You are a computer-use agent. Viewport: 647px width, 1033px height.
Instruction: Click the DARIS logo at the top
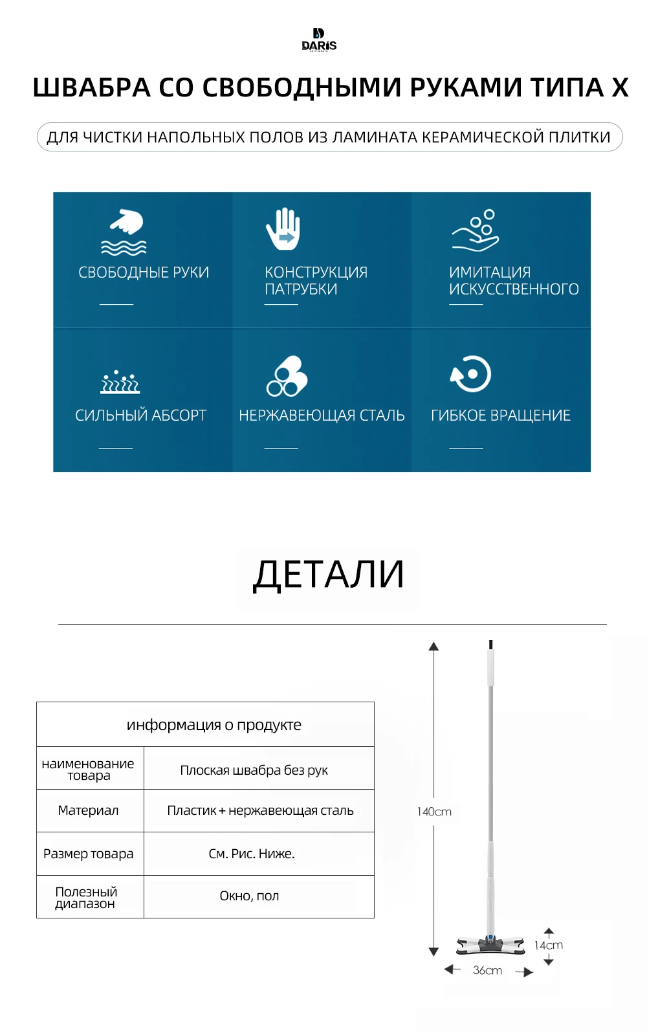319,39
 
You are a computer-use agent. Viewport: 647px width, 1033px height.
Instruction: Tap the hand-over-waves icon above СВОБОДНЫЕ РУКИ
125,232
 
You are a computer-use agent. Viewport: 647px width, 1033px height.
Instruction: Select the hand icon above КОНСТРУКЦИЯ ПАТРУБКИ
283,229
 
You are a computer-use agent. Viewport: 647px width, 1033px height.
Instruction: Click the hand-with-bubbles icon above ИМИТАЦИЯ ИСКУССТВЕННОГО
476,230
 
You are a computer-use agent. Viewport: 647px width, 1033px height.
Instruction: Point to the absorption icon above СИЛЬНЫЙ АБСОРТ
120,382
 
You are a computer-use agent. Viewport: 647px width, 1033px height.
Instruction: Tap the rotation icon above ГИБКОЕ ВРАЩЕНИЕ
471,374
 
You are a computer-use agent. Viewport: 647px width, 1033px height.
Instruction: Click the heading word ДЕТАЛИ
328,574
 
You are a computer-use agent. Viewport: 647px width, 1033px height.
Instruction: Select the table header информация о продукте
214,725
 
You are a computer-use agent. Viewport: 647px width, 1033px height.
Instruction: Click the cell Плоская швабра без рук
254,770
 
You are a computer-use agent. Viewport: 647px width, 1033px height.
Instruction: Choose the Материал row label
88,810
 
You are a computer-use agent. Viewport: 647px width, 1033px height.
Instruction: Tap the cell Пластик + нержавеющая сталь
260,810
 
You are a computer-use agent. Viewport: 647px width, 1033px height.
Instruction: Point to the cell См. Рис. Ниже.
251,854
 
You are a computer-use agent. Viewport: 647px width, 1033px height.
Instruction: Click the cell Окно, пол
249,896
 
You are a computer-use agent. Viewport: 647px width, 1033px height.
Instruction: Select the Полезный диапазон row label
86,897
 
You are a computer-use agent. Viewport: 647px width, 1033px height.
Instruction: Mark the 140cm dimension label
434,812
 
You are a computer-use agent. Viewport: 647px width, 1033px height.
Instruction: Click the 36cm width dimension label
487,970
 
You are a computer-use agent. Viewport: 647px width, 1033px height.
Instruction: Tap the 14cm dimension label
549,945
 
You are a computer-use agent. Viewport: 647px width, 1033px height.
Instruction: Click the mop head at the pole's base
490,944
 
